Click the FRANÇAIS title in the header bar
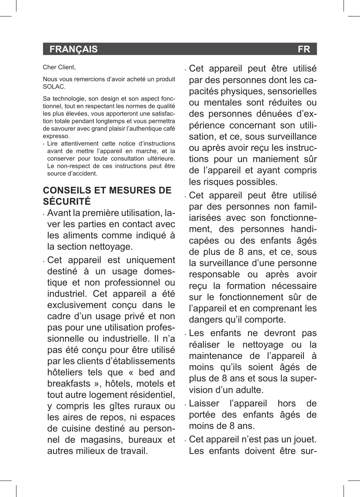click(73, 49)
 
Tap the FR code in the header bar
click(304, 49)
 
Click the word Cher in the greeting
click(49, 67)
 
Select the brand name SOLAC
click(54, 87)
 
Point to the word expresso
click(56, 136)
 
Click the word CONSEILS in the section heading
click(67, 190)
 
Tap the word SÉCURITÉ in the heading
click(67, 202)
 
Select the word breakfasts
click(69, 384)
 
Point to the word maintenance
click(216, 356)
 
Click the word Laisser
click(204, 404)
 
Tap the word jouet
click(305, 440)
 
